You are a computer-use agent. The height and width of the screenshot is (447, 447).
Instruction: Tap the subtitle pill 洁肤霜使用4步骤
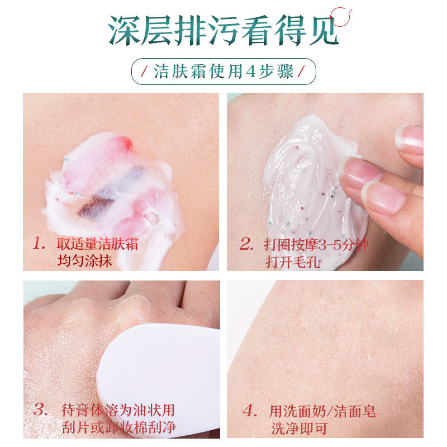(x=223, y=72)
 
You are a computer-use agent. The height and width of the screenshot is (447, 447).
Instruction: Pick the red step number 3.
(x=40, y=409)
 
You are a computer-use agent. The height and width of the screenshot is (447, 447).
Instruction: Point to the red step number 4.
(x=249, y=412)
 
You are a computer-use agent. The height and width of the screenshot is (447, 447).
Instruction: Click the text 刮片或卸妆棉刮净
(x=118, y=427)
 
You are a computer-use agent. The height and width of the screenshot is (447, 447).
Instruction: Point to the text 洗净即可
(x=298, y=429)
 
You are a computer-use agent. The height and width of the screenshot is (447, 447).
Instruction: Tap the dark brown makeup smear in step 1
(x=95, y=207)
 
